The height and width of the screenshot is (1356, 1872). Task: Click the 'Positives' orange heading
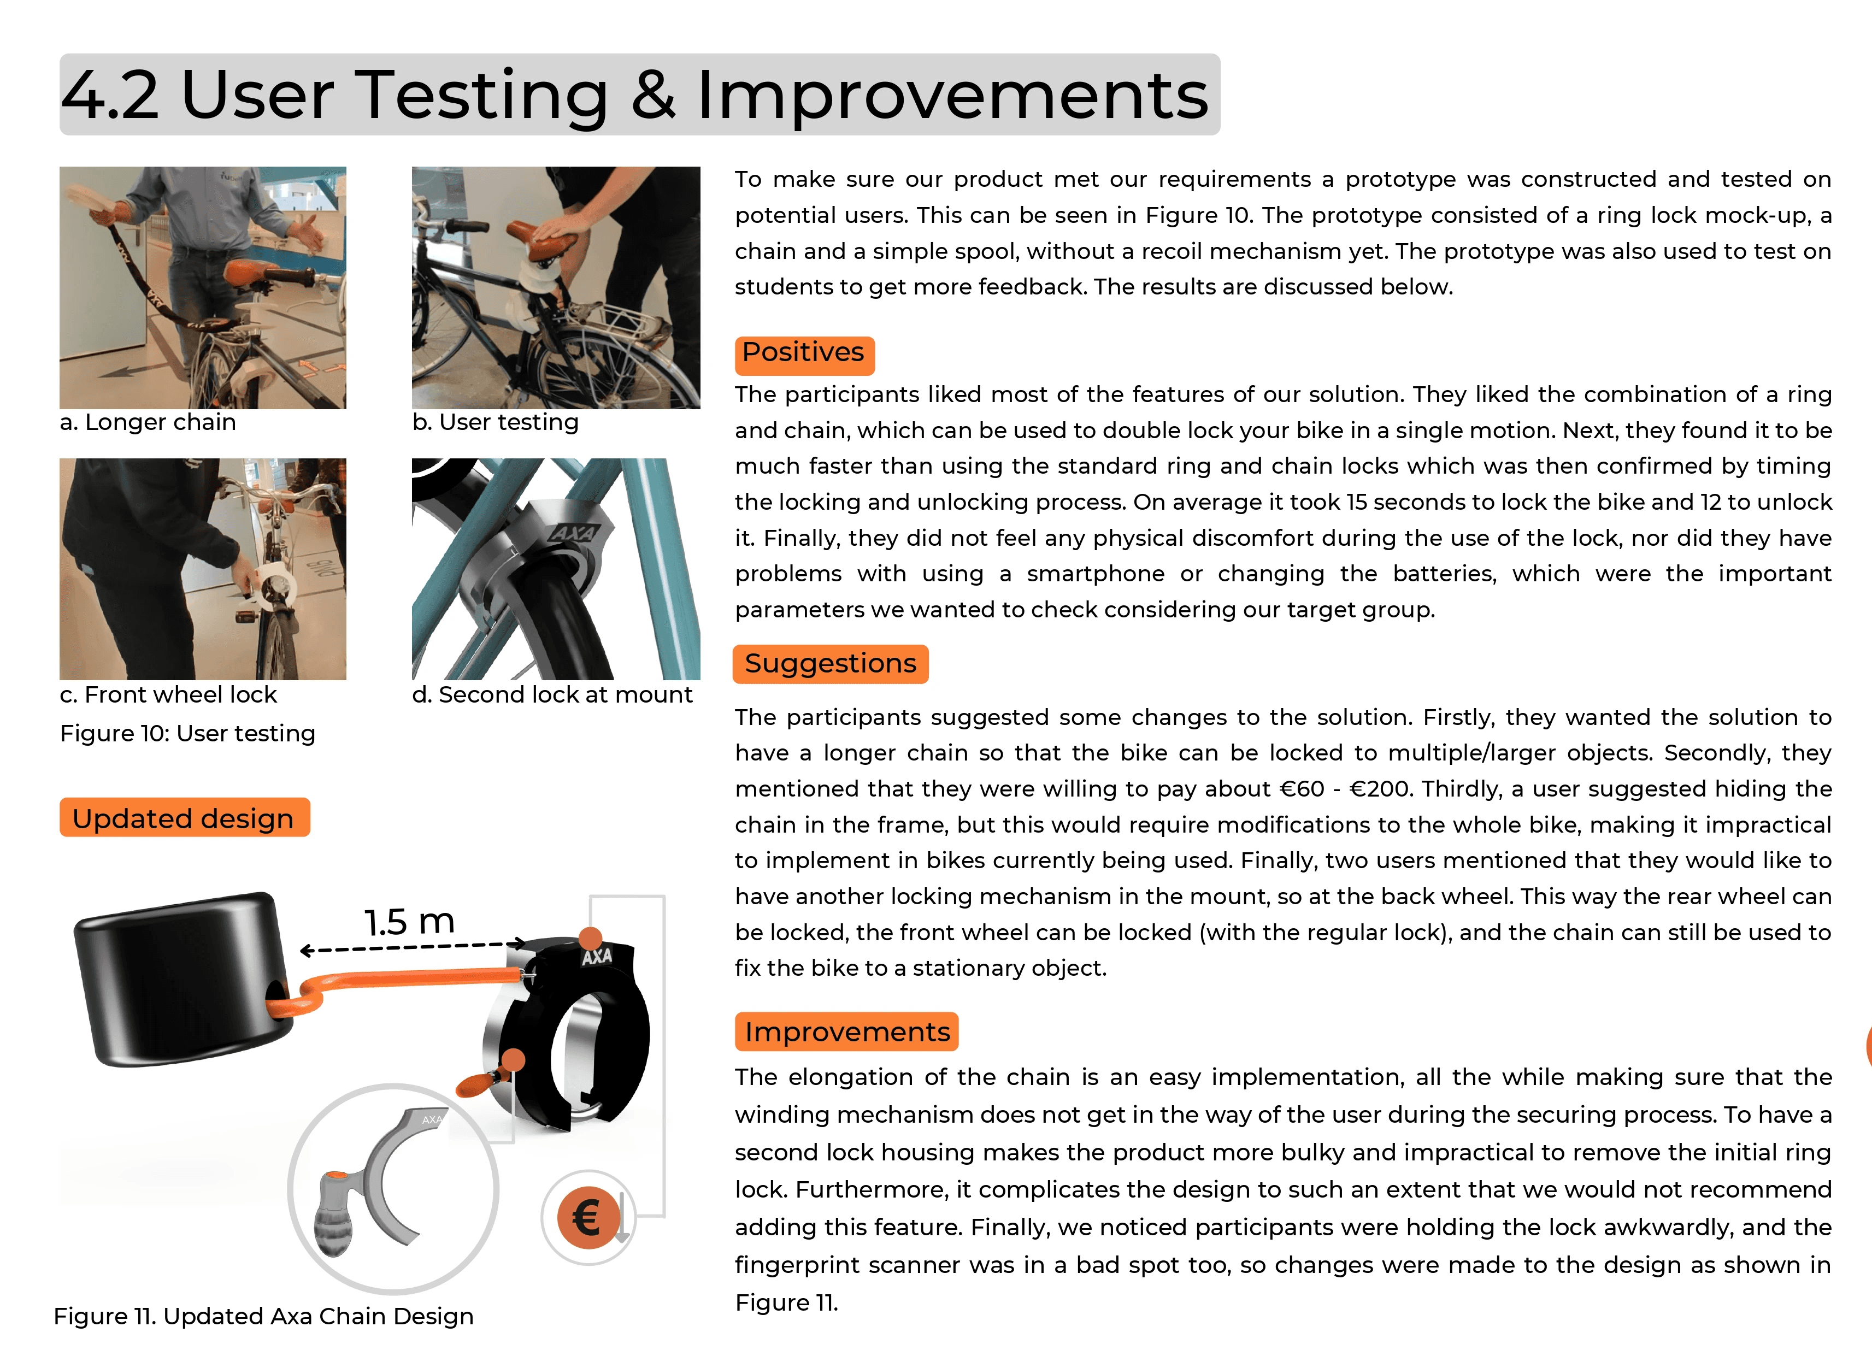tap(804, 354)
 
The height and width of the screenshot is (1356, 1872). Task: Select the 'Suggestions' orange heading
tap(831, 664)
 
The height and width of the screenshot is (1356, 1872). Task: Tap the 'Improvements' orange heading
tap(847, 1031)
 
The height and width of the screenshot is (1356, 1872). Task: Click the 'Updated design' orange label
tap(184, 818)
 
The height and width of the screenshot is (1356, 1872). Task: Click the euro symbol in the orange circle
tap(587, 1217)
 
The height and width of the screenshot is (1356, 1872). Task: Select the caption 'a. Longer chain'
tap(148, 422)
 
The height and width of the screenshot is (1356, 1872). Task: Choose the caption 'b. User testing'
tap(495, 422)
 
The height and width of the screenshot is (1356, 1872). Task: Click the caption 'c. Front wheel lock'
tap(168, 695)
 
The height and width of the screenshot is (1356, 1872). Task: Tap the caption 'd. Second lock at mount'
tap(552, 695)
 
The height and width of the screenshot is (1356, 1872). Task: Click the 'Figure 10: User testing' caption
tap(187, 734)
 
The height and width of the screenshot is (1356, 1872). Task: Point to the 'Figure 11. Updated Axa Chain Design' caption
tap(263, 1316)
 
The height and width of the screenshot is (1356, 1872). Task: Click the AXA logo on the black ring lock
tap(597, 957)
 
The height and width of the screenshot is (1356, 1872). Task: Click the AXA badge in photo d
tap(572, 532)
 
